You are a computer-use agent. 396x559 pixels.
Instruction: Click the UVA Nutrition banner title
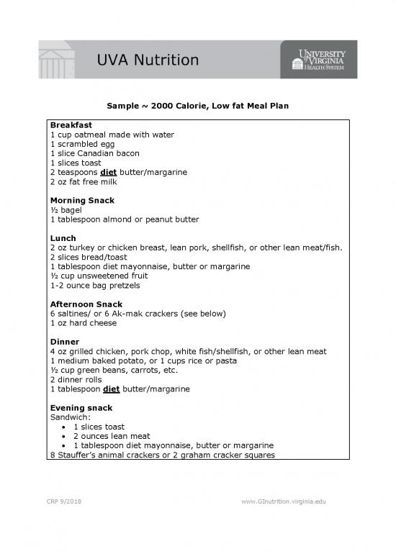click(148, 60)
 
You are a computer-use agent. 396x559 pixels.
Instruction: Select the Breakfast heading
click(71, 125)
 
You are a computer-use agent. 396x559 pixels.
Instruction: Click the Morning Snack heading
click(83, 200)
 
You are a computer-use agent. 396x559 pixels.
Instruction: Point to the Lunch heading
click(63, 238)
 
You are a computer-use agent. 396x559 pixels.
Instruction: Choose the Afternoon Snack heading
click(86, 304)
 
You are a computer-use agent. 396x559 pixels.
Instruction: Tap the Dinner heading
click(65, 342)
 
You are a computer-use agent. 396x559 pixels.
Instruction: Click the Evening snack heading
click(81, 408)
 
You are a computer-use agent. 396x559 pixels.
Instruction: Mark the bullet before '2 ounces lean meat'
click(66, 436)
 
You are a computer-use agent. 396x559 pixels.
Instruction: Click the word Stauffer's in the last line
click(83, 455)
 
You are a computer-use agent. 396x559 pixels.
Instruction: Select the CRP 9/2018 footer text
click(68, 501)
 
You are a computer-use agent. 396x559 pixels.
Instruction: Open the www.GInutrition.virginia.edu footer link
click(284, 501)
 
